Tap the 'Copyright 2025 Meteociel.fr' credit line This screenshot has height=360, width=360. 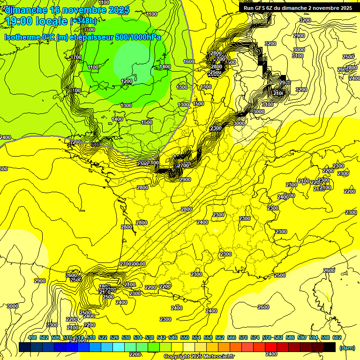(x=199, y=357)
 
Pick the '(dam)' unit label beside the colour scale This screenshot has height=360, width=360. (x=347, y=348)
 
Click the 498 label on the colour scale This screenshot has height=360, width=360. (x=33, y=337)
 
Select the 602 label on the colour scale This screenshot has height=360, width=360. (x=337, y=337)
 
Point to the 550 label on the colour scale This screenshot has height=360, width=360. (x=185, y=337)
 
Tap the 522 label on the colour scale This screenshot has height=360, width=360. (x=103, y=337)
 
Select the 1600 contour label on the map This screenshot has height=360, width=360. (x=189, y=61)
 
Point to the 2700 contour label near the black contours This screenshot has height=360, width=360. (x=183, y=165)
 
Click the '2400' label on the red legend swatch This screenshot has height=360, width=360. (x=271, y=354)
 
